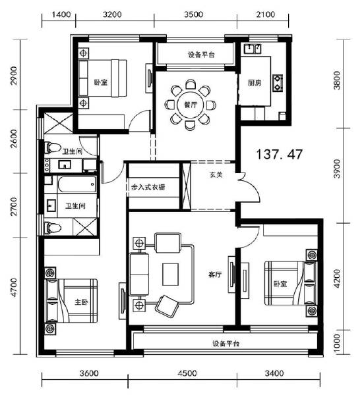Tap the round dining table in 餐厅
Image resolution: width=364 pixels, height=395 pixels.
(x=189, y=104)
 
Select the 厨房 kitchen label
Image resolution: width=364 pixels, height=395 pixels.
(x=255, y=84)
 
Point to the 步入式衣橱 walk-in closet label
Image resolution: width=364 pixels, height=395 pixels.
(x=148, y=188)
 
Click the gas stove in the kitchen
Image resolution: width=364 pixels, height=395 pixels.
(x=278, y=82)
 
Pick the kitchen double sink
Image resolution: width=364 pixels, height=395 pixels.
(x=252, y=48)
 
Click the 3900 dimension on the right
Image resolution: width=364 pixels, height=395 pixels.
(x=337, y=170)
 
